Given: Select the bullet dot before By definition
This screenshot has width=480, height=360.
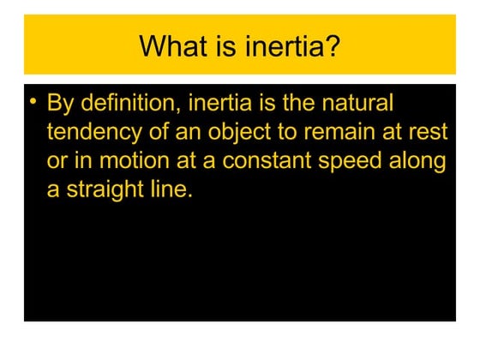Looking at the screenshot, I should tap(33, 103).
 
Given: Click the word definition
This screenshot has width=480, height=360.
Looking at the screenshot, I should tap(129, 105).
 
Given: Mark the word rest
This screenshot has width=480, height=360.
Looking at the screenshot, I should tap(430, 134).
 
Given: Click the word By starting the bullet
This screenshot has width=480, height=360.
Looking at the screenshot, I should tap(60, 105).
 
